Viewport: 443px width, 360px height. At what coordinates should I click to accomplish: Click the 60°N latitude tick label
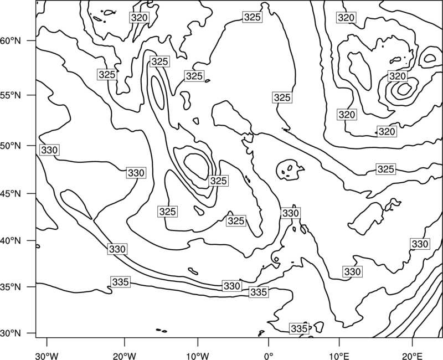[x=11, y=41]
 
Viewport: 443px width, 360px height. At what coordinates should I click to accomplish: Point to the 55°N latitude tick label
[x=11, y=95]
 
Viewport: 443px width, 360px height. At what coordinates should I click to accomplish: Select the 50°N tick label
[x=11, y=146]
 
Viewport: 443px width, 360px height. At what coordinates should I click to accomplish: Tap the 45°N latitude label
[x=11, y=193]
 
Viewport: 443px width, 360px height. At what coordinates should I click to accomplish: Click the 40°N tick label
[x=11, y=241]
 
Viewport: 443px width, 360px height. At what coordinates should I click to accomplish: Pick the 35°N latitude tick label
[x=11, y=287]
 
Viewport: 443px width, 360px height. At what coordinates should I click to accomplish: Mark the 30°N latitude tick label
[x=11, y=333]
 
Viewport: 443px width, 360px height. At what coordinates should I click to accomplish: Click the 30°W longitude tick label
[x=47, y=356]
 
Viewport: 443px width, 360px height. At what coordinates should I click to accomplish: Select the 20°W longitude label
[x=124, y=356]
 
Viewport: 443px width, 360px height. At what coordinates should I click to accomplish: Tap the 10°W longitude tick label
[x=198, y=356]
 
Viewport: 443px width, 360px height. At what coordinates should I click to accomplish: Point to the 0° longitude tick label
[x=269, y=356]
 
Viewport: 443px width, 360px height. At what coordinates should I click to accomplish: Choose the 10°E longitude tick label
[x=339, y=356]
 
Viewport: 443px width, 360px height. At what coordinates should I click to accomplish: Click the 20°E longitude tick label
[x=413, y=356]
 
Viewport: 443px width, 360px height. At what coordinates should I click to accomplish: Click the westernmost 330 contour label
[x=49, y=150]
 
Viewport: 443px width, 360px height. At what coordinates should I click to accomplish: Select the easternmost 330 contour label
[x=420, y=244]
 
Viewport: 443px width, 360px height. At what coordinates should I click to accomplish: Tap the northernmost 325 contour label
[x=252, y=17]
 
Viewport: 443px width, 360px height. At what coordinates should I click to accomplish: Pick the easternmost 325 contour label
[x=385, y=169]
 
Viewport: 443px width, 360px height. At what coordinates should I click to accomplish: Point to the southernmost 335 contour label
[x=299, y=328]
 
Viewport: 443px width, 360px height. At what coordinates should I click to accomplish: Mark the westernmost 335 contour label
[x=121, y=282]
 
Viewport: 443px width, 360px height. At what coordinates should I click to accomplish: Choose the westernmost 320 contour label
[x=140, y=18]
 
